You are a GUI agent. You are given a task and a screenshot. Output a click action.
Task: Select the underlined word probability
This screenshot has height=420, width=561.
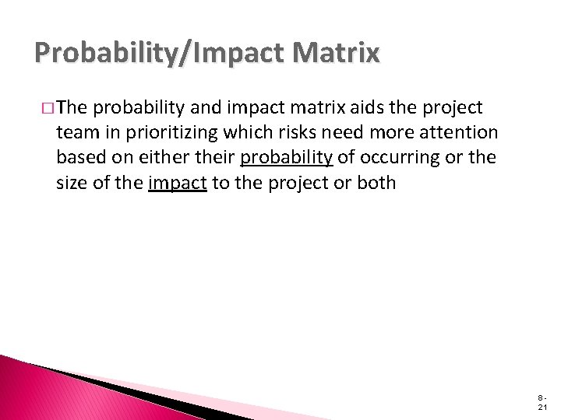tap(287, 159)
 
